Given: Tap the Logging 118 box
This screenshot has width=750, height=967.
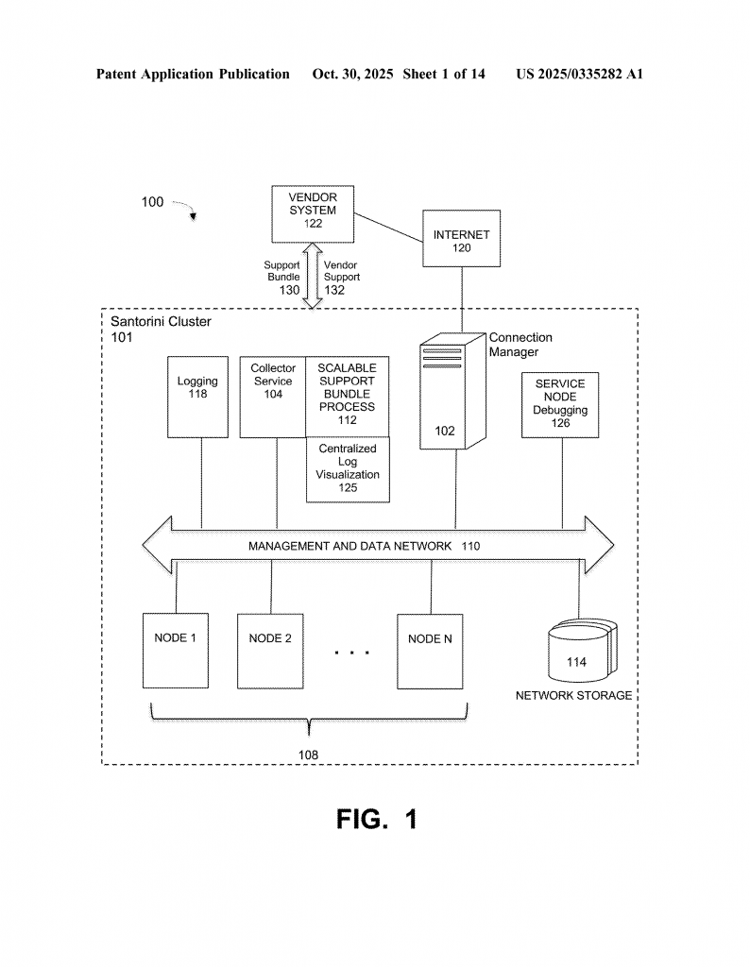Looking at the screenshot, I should tap(197, 397).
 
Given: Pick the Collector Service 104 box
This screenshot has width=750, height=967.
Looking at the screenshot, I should tap(273, 397).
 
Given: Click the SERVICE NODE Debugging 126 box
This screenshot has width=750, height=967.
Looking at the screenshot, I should tap(560, 405).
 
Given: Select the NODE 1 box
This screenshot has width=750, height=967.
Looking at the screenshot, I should tap(176, 651).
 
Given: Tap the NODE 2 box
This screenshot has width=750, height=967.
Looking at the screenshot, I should tap(270, 651).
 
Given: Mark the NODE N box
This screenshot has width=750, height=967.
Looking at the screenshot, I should tap(431, 651).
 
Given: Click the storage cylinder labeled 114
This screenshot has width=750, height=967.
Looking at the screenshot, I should tap(576, 652).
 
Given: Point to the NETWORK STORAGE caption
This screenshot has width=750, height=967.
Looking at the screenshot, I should tap(573, 696).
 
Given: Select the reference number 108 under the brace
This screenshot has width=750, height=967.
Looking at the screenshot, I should tap(308, 755).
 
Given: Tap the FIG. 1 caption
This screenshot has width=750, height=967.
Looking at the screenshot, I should tap(376, 820).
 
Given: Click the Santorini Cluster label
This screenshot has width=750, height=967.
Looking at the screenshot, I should tap(162, 322).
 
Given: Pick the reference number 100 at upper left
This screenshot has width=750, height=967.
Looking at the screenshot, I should tap(152, 202).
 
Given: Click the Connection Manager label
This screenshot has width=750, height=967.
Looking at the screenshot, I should tap(520, 345).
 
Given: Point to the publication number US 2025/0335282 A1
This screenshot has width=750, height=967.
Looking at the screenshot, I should tap(579, 74).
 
